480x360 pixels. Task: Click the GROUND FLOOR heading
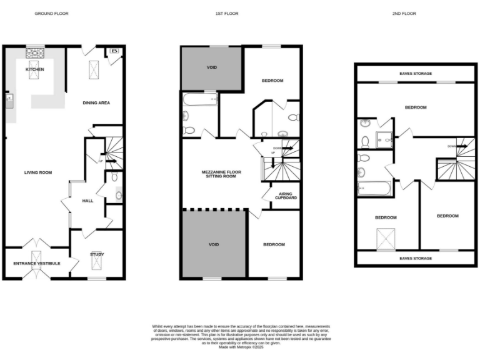pyautogui.click(x=52, y=13)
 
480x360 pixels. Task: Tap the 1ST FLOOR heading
pyautogui.click(x=239, y=13)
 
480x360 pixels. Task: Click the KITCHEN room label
pyautogui.click(x=35, y=69)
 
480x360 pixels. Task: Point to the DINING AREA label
pyautogui.click(x=96, y=102)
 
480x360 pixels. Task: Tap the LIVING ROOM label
pyautogui.click(x=37, y=172)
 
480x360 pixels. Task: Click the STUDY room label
pyautogui.click(x=96, y=254)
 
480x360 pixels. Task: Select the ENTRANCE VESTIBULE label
pyautogui.click(x=37, y=264)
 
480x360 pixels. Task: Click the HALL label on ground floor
pyautogui.click(x=87, y=201)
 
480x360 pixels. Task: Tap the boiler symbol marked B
pyautogui.click(x=114, y=51)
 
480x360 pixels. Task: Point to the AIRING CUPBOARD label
pyautogui.click(x=286, y=196)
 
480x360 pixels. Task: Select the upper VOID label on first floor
pyautogui.click(x=212, y=67)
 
